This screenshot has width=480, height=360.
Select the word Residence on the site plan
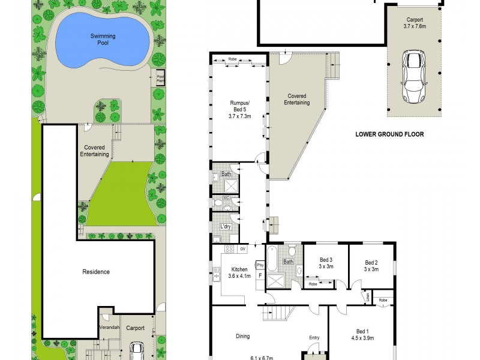[96, 272]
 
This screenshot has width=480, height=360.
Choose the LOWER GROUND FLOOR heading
[389, 134]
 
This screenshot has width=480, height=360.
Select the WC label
[227, 198]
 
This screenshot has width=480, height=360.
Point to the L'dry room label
[226, 226]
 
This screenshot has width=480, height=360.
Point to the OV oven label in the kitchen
[242, 248]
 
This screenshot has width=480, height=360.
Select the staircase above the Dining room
[280, 313]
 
